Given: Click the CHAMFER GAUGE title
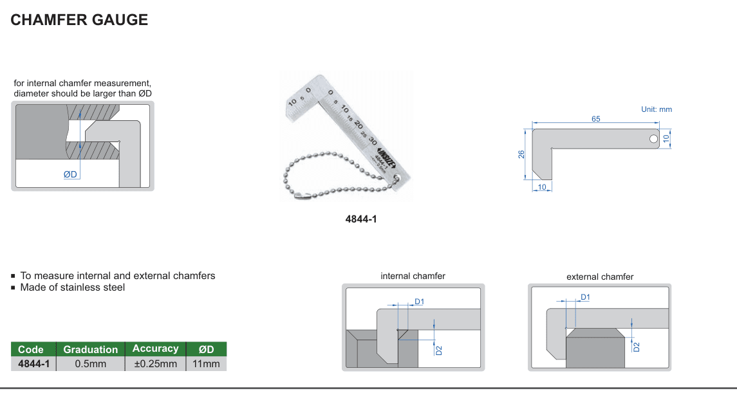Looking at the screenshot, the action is click(x=79, y=20).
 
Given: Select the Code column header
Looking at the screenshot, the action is click(x=30, y=349).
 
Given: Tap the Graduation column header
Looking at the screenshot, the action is click(x=91, y=349).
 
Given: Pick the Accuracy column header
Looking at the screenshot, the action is click(x=156, y=349).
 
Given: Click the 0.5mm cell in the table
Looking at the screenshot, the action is click(x=91, y=364).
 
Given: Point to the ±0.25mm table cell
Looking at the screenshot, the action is click(x=156, y=364).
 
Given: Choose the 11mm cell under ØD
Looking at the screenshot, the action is click(x=206, y=364).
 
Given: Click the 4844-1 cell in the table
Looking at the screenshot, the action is click(x=34, y=364).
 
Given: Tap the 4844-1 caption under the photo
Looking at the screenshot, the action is click(x=361, y=219).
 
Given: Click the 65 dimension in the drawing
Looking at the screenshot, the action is click(x=595, y=119).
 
